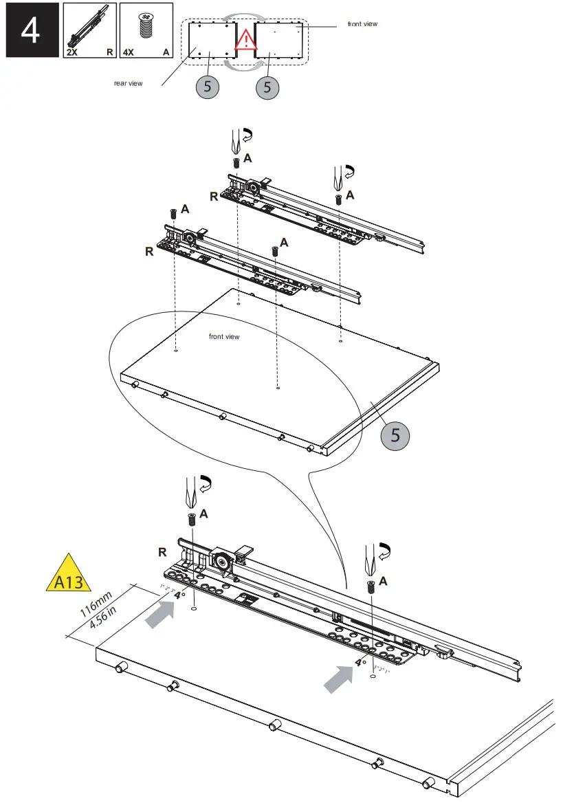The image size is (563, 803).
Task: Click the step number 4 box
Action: [x=30, y=30]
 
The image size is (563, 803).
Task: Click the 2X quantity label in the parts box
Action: [x=71, y=52]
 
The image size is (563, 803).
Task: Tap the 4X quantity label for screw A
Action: [x=128, y=52]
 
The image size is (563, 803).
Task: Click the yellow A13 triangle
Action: [x=68, y=575]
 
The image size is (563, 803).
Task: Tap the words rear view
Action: [x=128, y=83]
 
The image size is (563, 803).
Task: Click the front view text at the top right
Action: [x=362, y=24]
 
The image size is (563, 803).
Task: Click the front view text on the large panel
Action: [x=224, y=337]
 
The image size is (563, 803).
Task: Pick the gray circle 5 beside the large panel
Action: [x=395, y=435]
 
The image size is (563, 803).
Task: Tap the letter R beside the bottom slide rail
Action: [x=162, y=552]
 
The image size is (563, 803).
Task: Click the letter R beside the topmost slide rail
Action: [x=214, y=196]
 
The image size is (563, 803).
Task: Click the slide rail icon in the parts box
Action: [x=88, y=27]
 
